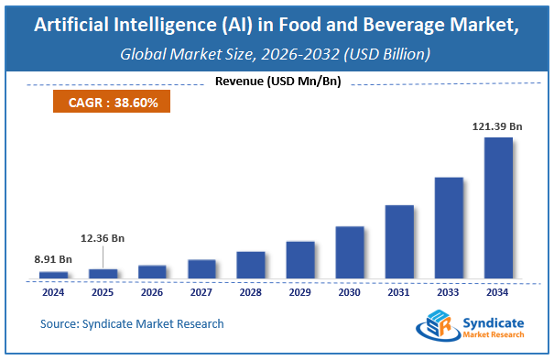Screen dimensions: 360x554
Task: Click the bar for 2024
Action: click(53, 274)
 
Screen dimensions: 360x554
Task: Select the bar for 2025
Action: click(103, 272)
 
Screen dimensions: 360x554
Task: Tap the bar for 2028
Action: click(251, 264)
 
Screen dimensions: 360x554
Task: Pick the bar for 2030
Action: click(350, 251)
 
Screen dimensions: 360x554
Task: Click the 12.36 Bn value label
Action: click(102, 238)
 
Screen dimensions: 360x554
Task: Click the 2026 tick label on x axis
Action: click(152, 293)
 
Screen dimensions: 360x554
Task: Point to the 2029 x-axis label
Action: click(300, 293)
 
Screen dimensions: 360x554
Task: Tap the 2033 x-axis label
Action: click(449, 293)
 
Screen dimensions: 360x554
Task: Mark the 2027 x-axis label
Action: click(201, 293)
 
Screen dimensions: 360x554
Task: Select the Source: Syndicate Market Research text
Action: click(132, 323)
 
